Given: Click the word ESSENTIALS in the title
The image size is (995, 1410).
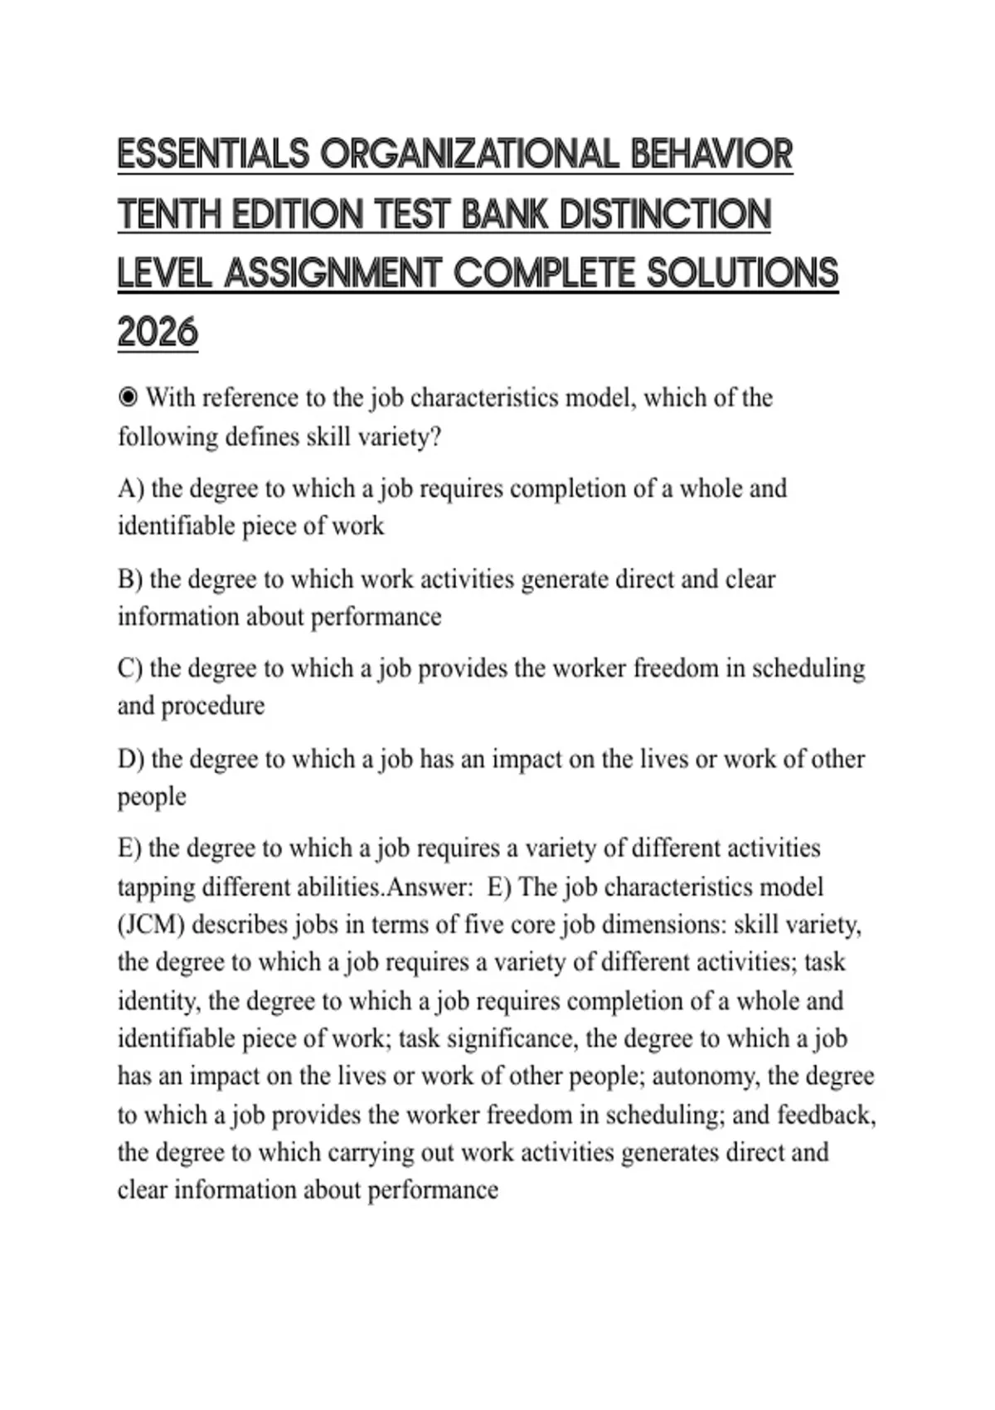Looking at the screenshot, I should pyautogui.click(x=213, y=155).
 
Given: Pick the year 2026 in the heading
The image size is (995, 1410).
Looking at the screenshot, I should pyautogui.click(x=158, y=333).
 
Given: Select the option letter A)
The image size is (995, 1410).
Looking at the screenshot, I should pyautogui.click(x=131, y=489).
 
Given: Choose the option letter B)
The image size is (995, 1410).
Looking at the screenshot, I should pyautogui.click(x=130, y=579).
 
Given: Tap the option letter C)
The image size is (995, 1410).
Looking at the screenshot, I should pyautogui.click(x=130, y=669).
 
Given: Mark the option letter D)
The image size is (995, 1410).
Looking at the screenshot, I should pyautogui.click(x=131, y=759).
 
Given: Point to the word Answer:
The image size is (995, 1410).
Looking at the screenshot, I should pyautogui.click(x=430, y=887).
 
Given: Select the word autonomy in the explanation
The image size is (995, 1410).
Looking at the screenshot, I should pyautogui.click(x=706, y=1077).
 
